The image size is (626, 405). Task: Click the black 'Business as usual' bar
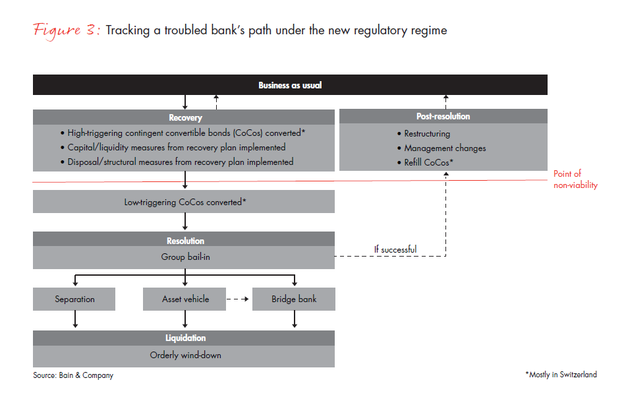(x=290, y=85)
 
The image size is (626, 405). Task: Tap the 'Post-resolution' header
(x=443, y=117)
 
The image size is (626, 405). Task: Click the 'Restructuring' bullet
(x=427, y=134)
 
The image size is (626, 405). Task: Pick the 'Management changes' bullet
(x=445, y=148)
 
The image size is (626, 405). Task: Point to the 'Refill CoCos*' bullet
(x=429, y=162)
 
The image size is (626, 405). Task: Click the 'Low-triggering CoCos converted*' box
(x=185, y=202)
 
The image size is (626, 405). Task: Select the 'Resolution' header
(x=184, y=241)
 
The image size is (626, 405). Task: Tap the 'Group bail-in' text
(x=185, y=257)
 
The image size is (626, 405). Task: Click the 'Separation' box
(x=74, y=299)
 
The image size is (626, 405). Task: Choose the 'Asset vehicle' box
(x=185, y=299)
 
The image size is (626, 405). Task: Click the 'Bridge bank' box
(x=294, y=299)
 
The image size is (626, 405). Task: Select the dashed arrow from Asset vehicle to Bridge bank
(x=239, y=299)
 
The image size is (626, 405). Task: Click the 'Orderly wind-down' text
(x=185, y=355)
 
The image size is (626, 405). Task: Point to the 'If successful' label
(x=395, y=249)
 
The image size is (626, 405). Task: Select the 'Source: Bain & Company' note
(x=73, y=375)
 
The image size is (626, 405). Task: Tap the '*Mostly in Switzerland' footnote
(x=561, y=375)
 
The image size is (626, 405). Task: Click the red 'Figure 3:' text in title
(x=65, y=31)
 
